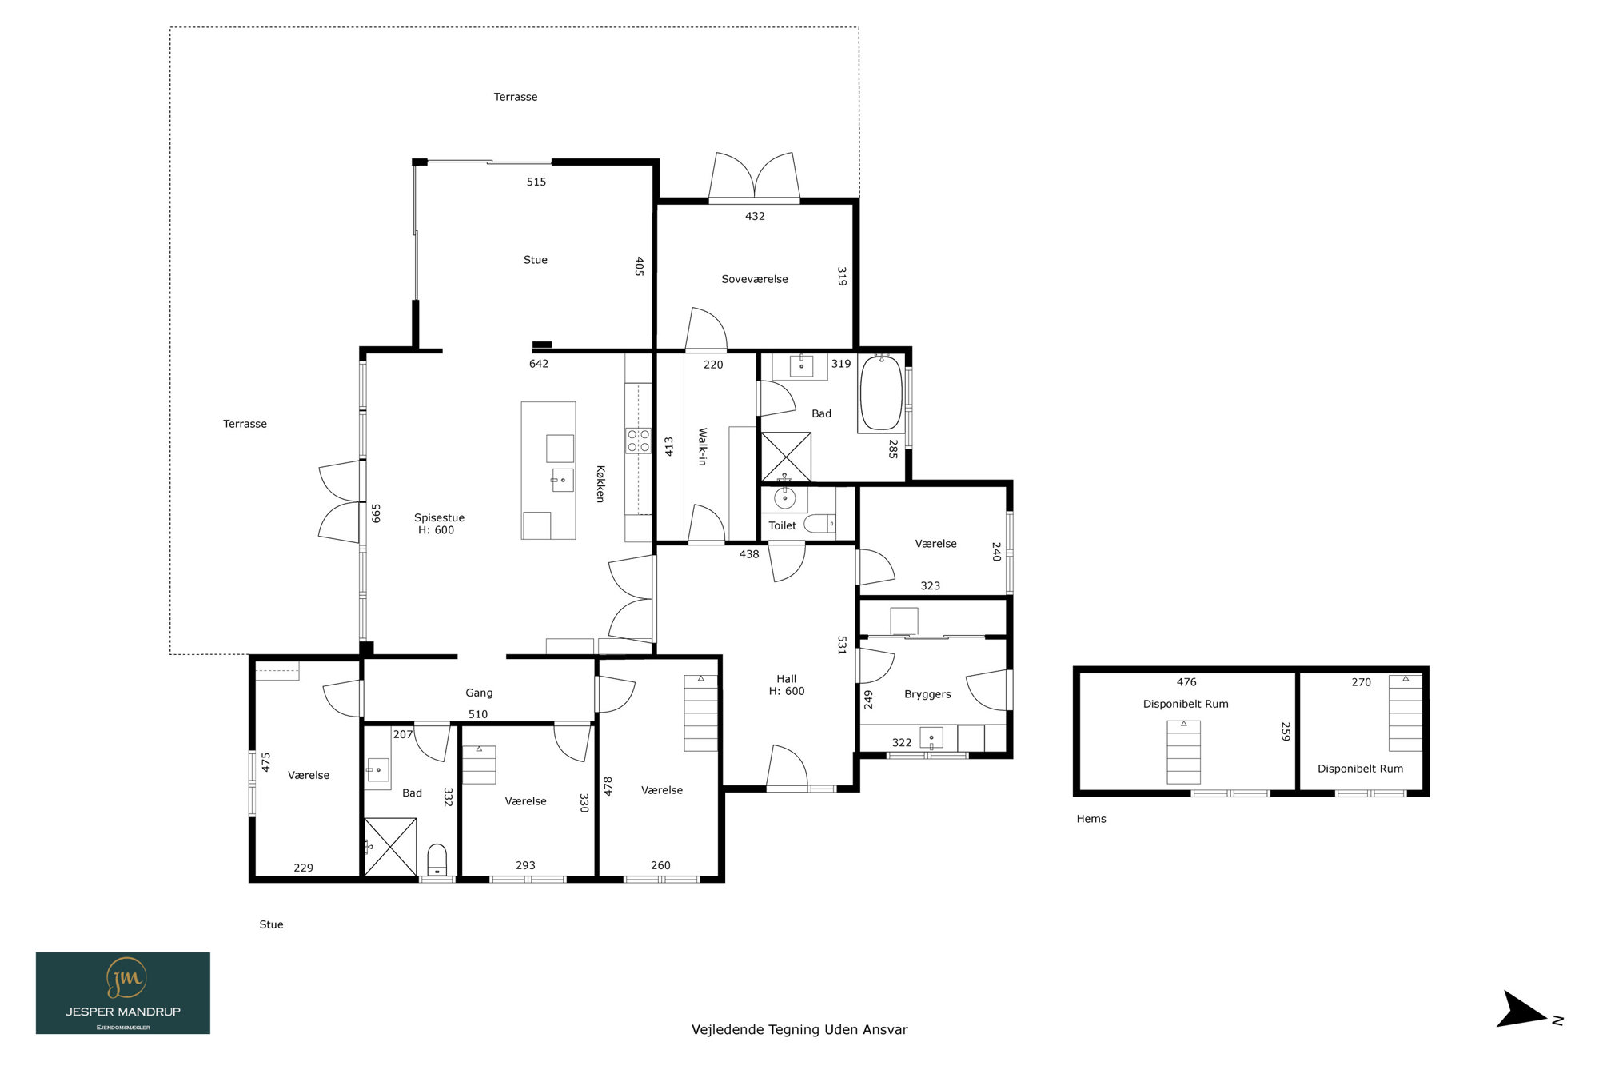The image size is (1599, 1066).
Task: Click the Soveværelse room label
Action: click(x=755, y=279)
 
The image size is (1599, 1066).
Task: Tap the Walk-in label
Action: click(x=703, y=446)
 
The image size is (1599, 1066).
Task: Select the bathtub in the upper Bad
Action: click(x=881, y=393)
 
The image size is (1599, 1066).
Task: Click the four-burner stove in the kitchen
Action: click(x=638, y=441)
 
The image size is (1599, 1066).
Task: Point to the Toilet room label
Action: click(x=783, y=525)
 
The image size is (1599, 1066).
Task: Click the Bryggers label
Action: click(x=927, y=694)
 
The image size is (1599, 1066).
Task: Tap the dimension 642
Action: click(x=539, y=364)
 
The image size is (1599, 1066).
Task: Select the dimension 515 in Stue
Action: click(x=536, y=182)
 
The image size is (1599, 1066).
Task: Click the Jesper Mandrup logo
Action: click(x=123, y=992)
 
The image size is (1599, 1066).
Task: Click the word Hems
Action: click(x=1091, y=819)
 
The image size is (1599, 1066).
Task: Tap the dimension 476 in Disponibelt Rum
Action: click(x=1186, y=682)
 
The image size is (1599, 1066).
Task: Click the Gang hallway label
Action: click(x=479, y=693)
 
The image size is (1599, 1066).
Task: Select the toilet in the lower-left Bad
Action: click(x=437, y=860)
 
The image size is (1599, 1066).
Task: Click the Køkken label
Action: click(x=600, y=484)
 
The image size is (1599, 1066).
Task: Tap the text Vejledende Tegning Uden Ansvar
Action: click(x=799, y=1030)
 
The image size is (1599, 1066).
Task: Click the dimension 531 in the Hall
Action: click(x=842, y=645)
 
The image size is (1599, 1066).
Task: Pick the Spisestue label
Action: click(x=439, y=517)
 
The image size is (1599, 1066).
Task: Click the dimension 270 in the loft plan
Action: click(x=1362, y=682)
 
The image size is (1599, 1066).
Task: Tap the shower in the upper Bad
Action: click(x=786, y=457)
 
